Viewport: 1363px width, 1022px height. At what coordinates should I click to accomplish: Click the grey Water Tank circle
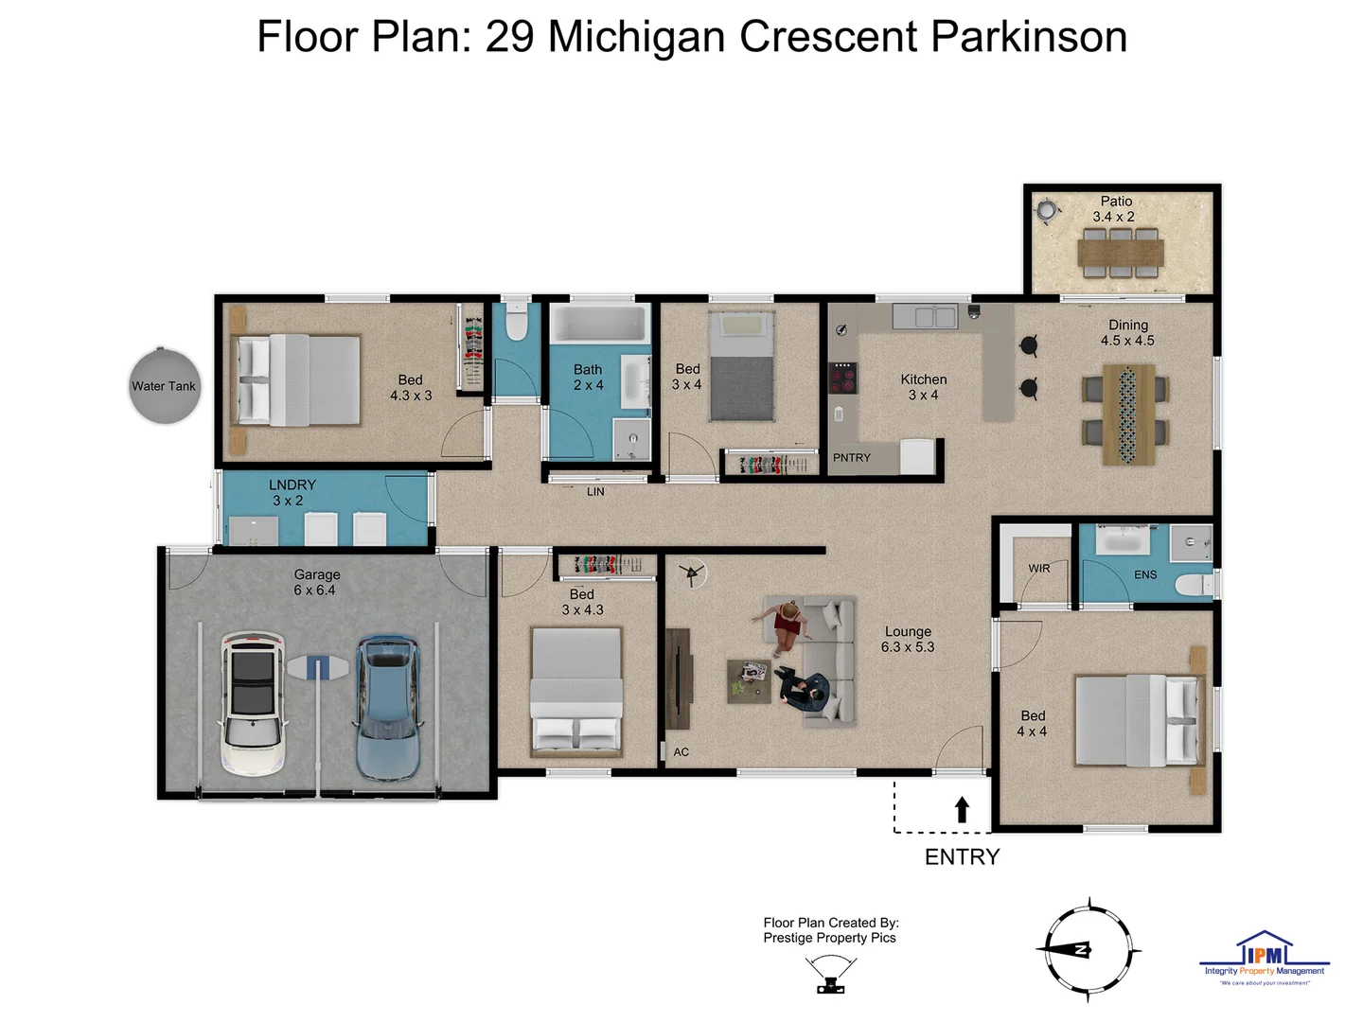pos(165,385)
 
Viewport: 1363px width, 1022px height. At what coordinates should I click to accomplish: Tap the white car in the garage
pos(253,702)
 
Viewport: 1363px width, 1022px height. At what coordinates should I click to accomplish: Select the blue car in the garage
pos(386,706)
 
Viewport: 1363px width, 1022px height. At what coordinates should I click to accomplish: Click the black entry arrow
pos(962,809)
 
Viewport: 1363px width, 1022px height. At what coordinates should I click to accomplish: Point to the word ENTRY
pos(962,856)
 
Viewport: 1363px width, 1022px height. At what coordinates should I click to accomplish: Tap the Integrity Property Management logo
pos(1264,959)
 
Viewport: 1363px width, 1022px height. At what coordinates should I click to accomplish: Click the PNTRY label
pos(851,458)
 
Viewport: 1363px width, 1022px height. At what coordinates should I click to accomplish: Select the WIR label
pos(1038,569)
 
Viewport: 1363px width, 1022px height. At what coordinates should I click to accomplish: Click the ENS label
pos(1145,574)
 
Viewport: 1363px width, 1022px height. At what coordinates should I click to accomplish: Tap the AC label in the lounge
pos(681,752)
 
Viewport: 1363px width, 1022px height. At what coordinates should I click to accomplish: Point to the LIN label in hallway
pos(595,492)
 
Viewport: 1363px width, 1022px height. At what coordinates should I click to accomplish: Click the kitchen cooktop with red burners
pos(842,378)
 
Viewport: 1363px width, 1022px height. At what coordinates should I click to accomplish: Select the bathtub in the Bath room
pos(599,324)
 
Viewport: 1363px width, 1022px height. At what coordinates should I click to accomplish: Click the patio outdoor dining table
pos(1121,253)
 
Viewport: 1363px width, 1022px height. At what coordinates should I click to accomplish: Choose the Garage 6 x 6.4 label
pos(315,582)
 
